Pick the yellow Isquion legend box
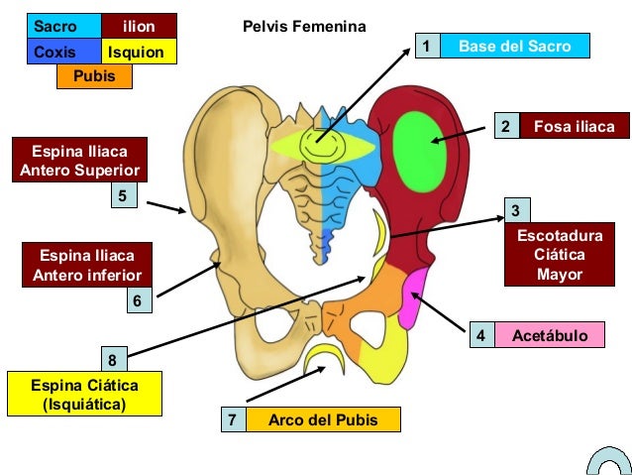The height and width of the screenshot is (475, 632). tap(139, 52)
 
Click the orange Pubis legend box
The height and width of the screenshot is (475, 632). tap(95, 76)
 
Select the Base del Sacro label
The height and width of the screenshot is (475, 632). tap(514, 46)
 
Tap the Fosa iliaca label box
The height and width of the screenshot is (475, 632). tap(574, 127)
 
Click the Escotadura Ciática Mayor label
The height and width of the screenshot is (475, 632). tap(560, 255)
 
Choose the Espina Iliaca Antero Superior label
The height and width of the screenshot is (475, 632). tap(80, 161)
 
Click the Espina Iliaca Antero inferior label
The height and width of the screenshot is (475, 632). tap(87, 265)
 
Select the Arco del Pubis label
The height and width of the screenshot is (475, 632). tap(323, 419)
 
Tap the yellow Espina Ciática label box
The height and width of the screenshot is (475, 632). tap(84, 395)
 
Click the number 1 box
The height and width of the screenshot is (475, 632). tap(426, 46)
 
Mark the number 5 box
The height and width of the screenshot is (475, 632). tap(122, 196)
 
